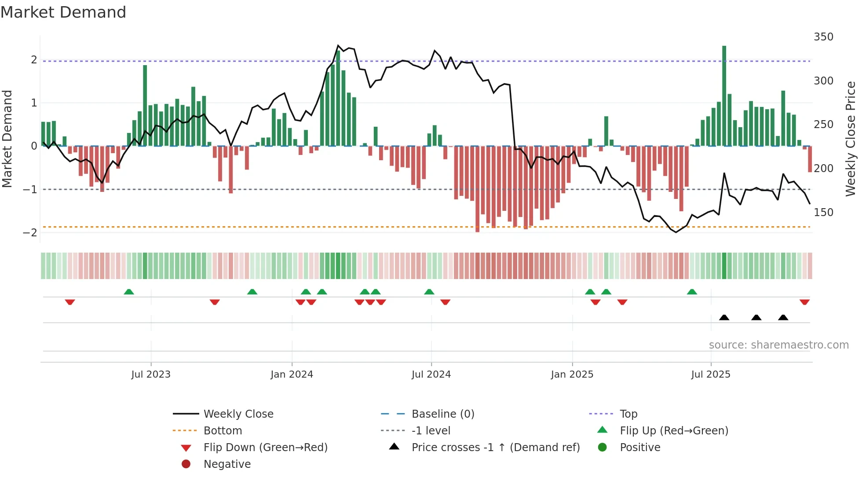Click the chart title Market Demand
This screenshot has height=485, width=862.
tap(63, 12)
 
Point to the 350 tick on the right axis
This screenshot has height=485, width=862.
tap(823, 37)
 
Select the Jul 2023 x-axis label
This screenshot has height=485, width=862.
tap(151, 375)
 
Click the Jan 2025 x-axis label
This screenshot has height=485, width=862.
tap(572, 375)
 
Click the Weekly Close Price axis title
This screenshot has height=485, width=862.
tap(851, 139)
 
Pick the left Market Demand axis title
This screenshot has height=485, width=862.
tap(7, 139)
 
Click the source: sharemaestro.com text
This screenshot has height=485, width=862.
tap(778, 345)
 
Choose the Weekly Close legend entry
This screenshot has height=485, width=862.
tap(238, 414)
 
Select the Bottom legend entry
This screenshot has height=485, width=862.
tap(223, 431)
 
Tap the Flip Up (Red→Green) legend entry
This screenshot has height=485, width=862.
tap(674, 431)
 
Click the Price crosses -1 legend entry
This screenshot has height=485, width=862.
tap(495, 448)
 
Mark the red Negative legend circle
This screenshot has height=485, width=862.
tap(186, 464)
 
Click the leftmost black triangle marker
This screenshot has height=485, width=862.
tap(724, 317)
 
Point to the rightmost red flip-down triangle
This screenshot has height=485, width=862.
tap(804, 302)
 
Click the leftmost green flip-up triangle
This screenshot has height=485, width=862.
tap(129, 292)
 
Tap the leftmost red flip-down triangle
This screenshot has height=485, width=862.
tap(70, 302)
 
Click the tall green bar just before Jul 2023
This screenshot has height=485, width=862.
tap(145, 106)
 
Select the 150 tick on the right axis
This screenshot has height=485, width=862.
tap(823, 213)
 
